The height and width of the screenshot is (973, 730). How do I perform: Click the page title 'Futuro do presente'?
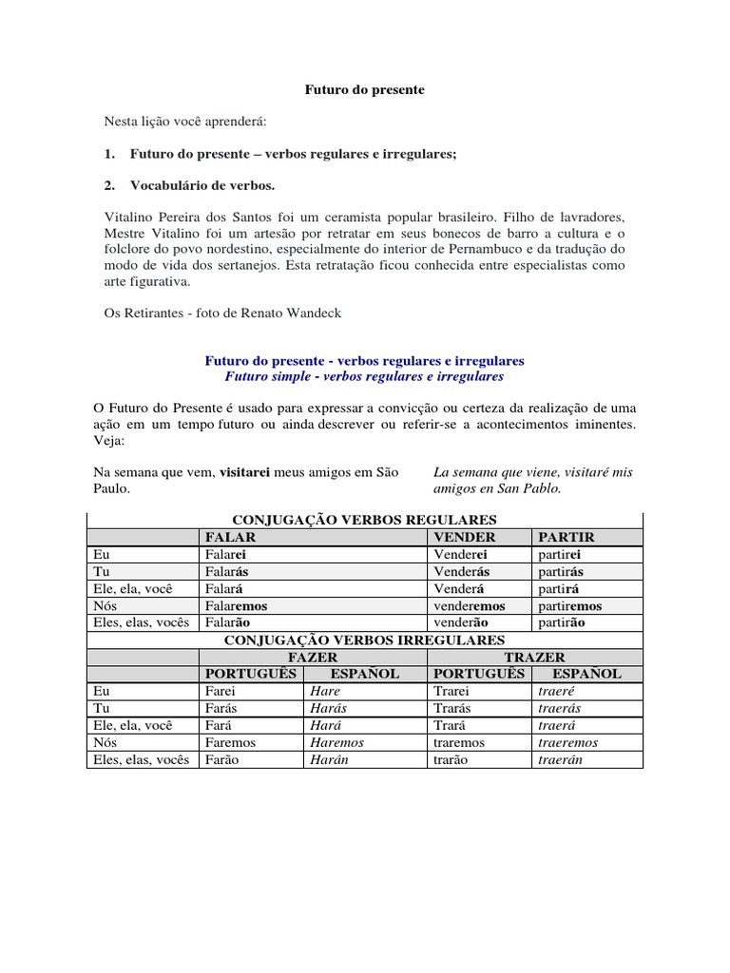click(364, 90)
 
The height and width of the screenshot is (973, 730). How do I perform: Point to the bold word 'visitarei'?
click(250, 472)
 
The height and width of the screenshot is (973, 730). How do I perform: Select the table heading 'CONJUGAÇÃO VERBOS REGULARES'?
click(364, 520)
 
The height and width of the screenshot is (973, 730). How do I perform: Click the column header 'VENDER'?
click(466, 537)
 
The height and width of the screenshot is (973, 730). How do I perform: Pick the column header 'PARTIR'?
click(567, 537)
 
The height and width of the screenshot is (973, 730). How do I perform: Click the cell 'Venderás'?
click(461, 571)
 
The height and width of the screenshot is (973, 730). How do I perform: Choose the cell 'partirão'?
click(561, 622)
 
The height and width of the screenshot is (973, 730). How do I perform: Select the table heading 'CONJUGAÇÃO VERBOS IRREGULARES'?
click(364, 639)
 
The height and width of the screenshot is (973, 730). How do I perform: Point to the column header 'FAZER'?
click(313, 657)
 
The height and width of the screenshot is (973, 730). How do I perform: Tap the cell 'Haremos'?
click(337, 742)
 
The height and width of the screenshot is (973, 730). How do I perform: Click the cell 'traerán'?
click(561, 759)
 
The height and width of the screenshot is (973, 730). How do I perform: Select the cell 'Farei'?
click(221, 691)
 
